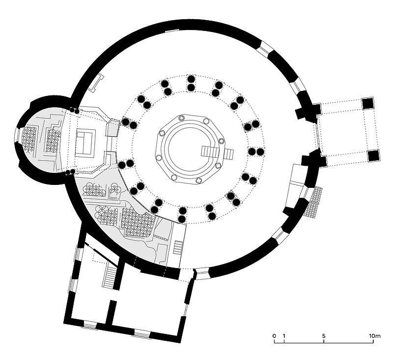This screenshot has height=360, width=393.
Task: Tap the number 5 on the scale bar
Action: pyautogui.click(x=324, y=336)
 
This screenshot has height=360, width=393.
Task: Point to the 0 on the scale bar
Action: pyautogui.click(x=274, y=336)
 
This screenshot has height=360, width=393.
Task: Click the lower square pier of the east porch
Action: pyautogui.click(x=374, y=155)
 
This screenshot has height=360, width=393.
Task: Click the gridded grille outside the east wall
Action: pyautogui.click(x=314, y=203)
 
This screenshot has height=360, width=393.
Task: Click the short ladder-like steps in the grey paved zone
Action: pyautogui.click(x=178, y=247)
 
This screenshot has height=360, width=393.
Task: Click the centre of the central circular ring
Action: pyautogui.click(x=187, y=148)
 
